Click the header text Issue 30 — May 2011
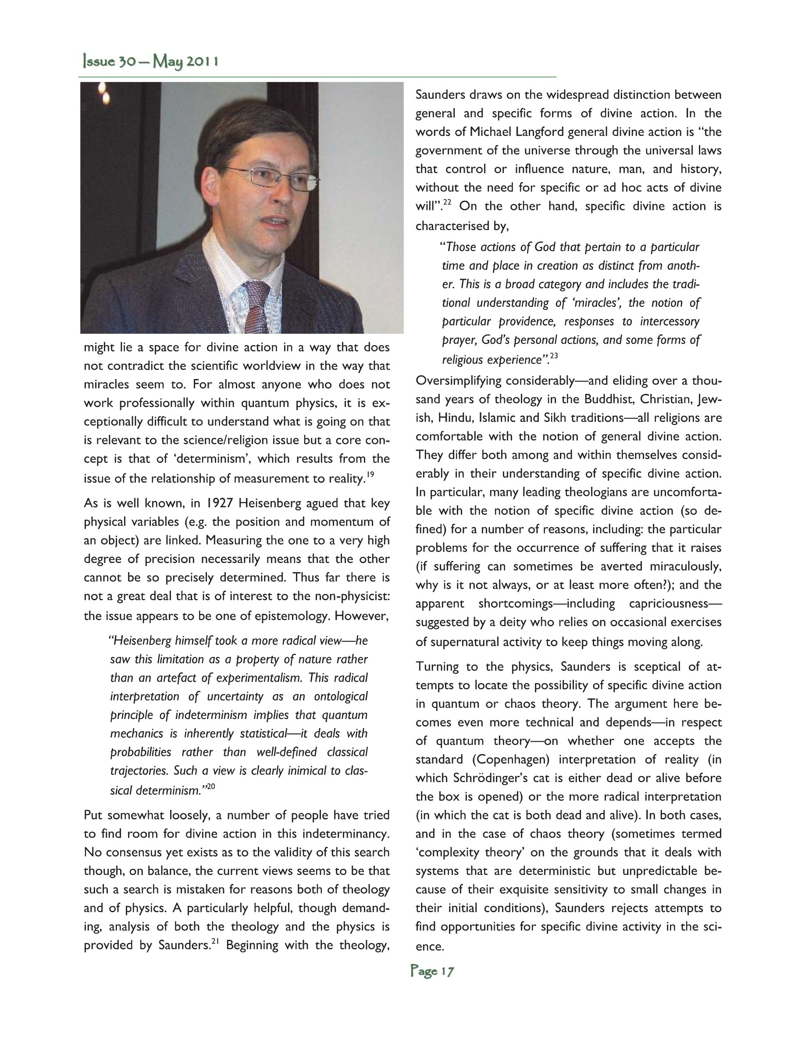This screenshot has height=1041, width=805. tap(151, 62)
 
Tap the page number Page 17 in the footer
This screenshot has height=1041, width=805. tap(432, 971)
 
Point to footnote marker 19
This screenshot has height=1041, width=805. tap(370, 475)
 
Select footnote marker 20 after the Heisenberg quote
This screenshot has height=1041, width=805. tap(211, 787)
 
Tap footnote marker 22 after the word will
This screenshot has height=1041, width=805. tap(447, 202)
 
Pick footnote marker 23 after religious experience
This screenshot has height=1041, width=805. tap(554, 356)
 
